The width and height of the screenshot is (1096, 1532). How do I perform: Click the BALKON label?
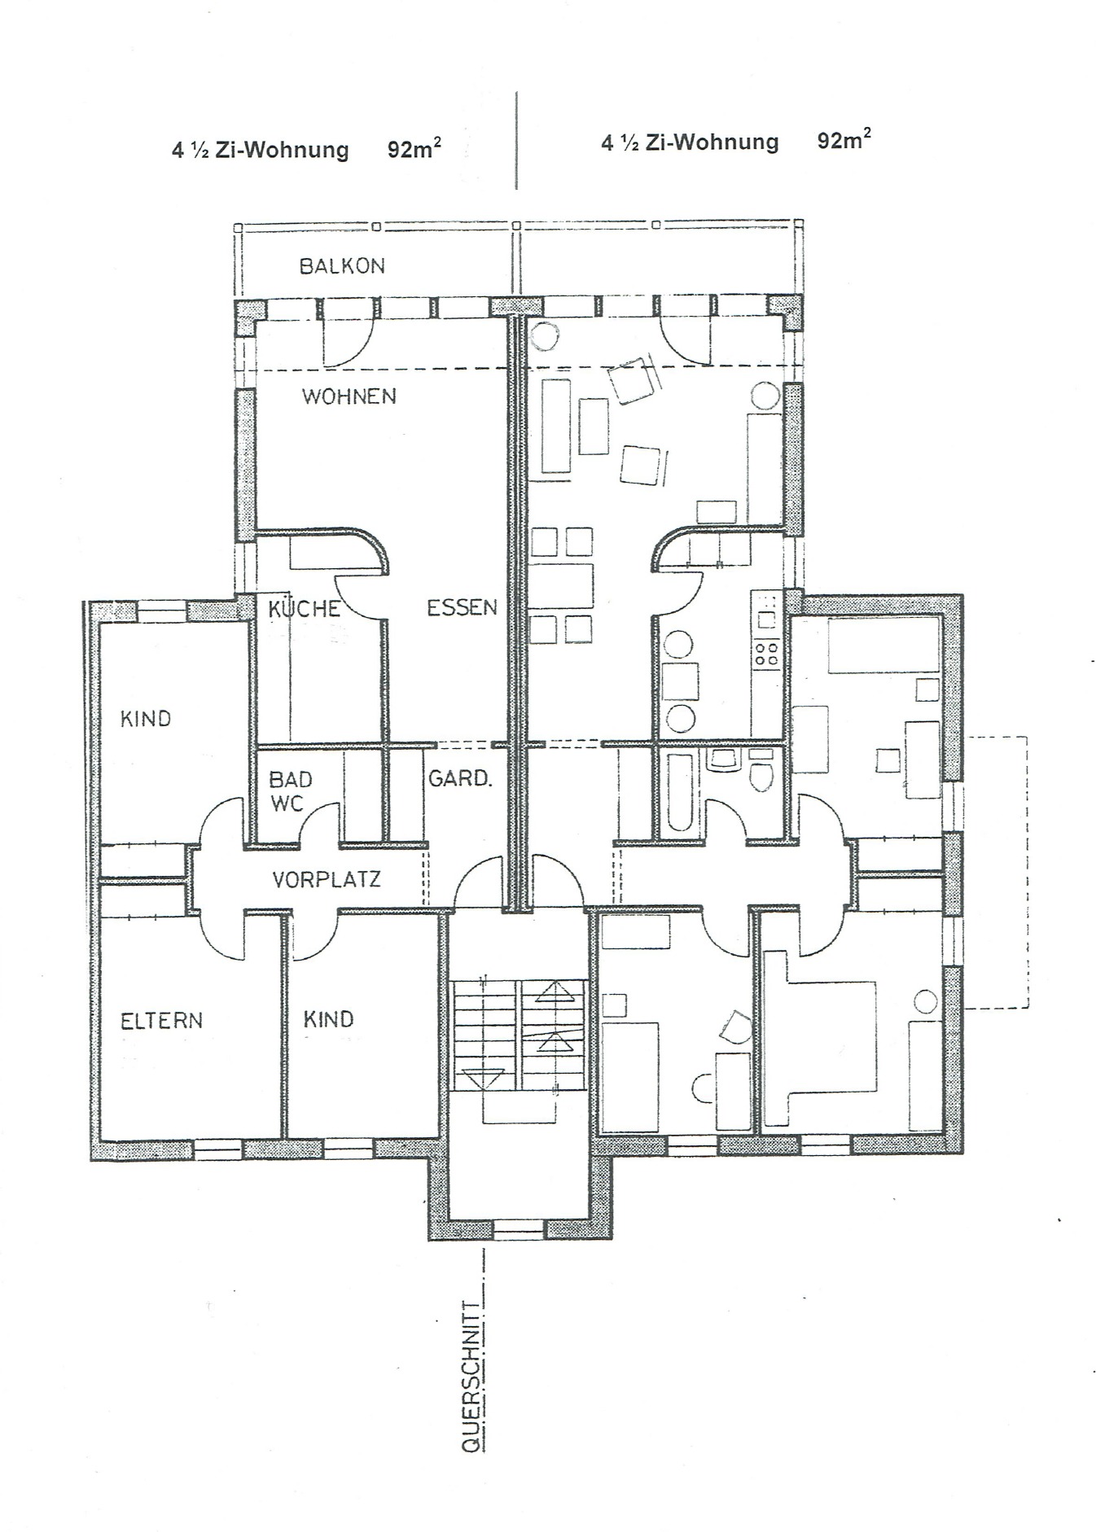coord(341,266)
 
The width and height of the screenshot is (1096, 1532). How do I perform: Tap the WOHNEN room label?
coord(349,396)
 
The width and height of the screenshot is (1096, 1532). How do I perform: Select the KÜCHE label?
coord(304,608)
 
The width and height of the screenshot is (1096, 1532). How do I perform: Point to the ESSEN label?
coord(462,607)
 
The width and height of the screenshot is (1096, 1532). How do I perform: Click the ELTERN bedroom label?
coord(161,1021)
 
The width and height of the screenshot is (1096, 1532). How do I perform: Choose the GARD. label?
coord(460,778)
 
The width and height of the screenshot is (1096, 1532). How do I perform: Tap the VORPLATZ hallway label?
coord(326,879)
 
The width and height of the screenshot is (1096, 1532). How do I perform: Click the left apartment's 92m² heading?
coord(414,150)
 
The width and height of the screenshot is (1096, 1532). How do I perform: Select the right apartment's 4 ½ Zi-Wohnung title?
coord(689,142)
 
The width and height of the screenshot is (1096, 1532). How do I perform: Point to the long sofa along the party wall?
coord(555,424)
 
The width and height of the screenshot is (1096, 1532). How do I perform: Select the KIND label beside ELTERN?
coord(328,1019)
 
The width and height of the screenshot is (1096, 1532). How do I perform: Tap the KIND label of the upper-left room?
coord(146,719)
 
